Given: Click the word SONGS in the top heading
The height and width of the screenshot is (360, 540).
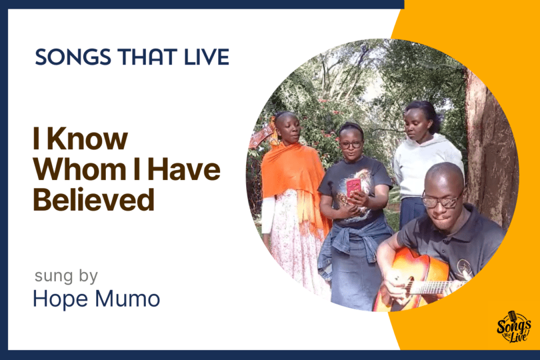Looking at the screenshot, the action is (73, 57).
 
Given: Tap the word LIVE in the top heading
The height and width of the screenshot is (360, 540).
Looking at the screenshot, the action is (207, 57).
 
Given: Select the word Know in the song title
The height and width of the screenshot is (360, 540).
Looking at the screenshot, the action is (87, 139).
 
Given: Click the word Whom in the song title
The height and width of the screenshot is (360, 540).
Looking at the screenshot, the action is (80, 169).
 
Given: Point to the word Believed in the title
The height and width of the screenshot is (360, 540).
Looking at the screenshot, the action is (93, 200).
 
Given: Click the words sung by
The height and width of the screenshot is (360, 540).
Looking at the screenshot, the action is (66, 276).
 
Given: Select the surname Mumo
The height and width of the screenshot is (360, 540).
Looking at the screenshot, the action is (127, 298).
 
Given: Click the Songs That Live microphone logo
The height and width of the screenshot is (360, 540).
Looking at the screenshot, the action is (514, 327).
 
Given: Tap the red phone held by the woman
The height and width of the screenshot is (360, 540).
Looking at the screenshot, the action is (354, 188).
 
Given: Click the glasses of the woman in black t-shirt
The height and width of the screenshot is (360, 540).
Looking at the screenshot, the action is (351, 145).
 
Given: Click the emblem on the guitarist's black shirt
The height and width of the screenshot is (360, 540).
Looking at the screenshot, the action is (463, 267).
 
